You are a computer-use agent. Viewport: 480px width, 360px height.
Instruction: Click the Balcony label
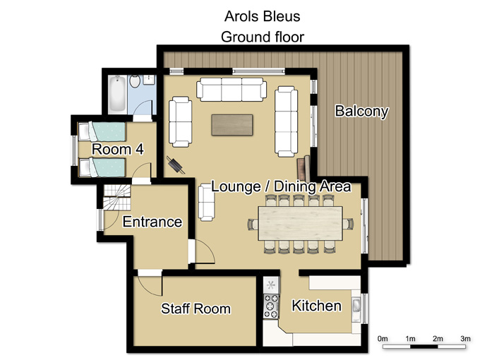tap(361, 111)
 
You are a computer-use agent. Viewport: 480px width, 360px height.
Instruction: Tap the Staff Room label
tap(196, 308)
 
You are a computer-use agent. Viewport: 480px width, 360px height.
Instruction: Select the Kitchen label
tap(316, 306)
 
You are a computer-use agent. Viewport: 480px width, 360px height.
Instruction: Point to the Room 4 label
tap(118, 150)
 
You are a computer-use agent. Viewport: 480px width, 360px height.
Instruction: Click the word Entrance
tap(152, 222)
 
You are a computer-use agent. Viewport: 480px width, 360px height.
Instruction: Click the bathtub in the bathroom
tap(117, 94)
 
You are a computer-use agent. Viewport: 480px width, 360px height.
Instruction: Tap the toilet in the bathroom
tap(135, 81)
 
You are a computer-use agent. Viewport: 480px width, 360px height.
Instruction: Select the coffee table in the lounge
tap(232, 125)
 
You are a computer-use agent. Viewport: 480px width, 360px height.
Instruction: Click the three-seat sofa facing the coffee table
tap(232, 89)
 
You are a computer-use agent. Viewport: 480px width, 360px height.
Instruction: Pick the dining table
tap(300, 223)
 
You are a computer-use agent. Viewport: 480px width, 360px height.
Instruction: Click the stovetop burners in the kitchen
tap(271, 306)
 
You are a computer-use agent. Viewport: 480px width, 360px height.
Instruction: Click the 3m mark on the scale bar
tap(465, 339)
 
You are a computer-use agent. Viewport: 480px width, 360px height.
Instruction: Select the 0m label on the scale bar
tap(383, 339)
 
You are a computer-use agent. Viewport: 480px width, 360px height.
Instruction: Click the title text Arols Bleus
tap(263, 16)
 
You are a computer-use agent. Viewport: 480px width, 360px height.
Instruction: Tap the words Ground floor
tap(263, 37)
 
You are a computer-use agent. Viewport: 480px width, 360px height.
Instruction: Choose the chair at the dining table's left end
tap(253, 224)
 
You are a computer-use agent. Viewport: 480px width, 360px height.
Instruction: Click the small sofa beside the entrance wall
tap(206, 203)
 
